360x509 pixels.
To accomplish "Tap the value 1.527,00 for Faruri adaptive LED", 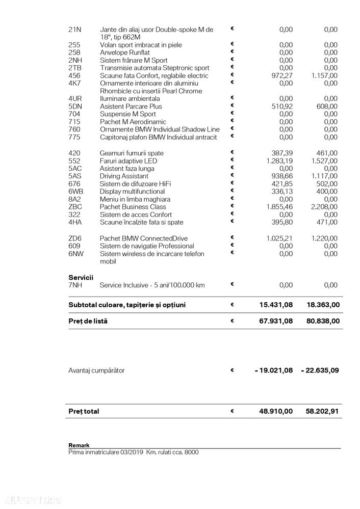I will coord(324,161).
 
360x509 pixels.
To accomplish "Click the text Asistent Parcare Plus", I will coord(131,106).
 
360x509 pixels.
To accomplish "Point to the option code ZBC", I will coord(75,207).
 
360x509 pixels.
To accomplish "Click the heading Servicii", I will coord(81,277).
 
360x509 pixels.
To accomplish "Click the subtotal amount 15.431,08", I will coord(275,305).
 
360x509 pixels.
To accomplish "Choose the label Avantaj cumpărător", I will coord(96,370).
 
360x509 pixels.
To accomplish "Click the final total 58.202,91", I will coord(320,411).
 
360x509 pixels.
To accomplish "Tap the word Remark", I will coord(79,445).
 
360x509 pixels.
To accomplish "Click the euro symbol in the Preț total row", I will coord(232,411).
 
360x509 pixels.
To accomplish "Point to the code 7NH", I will coord(75,285).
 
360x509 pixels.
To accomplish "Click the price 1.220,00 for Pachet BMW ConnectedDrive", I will coord(324,238).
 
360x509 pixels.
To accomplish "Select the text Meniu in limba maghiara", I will coord(135,199).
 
